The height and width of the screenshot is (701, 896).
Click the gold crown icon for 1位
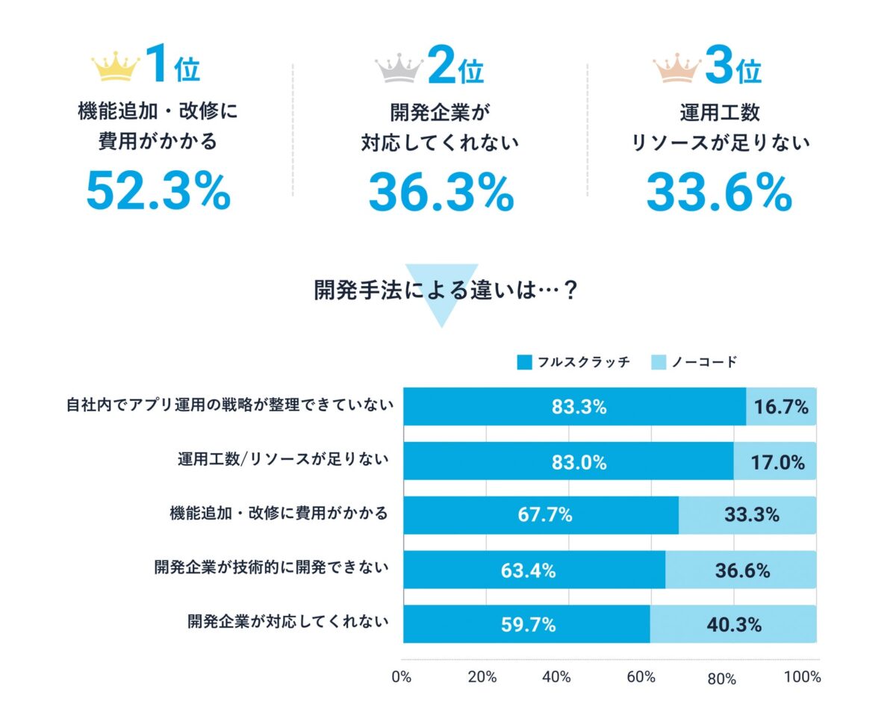click(x=115, y=68)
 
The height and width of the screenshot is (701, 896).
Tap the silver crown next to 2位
click(x=399, y=68)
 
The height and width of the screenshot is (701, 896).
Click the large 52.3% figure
click(x=158, y=191)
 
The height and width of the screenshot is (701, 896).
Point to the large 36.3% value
click(x=441, y=191)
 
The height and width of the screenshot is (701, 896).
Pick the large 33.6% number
click(x=718, y=191)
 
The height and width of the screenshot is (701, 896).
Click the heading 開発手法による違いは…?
click(x=447, y=290)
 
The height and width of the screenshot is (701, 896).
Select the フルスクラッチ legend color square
click(x=524, y=363)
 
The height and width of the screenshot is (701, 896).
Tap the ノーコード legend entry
click(x=694, y=363)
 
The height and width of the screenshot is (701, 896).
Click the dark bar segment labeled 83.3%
click(x=574, y=407)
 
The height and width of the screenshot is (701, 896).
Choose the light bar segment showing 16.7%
click(x=781, y=407)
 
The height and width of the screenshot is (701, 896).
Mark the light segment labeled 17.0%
click(x=775, y=462)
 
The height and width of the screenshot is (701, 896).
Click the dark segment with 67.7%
click(x=541, y=515)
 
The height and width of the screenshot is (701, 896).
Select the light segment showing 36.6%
click(x=741, y=570)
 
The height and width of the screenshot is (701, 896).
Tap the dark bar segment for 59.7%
click(x=526, y=624)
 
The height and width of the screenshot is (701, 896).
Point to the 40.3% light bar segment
click(x=733, y=624)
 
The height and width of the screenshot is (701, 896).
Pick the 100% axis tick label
click(x=803, y=678)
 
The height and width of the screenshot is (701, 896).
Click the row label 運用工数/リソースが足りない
click(x=279, y=459)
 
